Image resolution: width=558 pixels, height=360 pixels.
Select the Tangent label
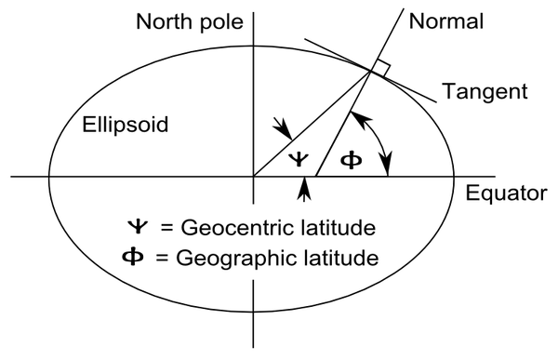pyautogui.click(x=485, y=92)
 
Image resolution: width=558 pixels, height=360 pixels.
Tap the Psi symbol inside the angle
pyautogui.click(x=296, y=156)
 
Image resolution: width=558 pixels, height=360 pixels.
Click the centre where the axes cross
pyautogui.click(x=253, y=176)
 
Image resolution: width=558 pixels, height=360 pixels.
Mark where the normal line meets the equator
pyautogui.click(x=316, y=176)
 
